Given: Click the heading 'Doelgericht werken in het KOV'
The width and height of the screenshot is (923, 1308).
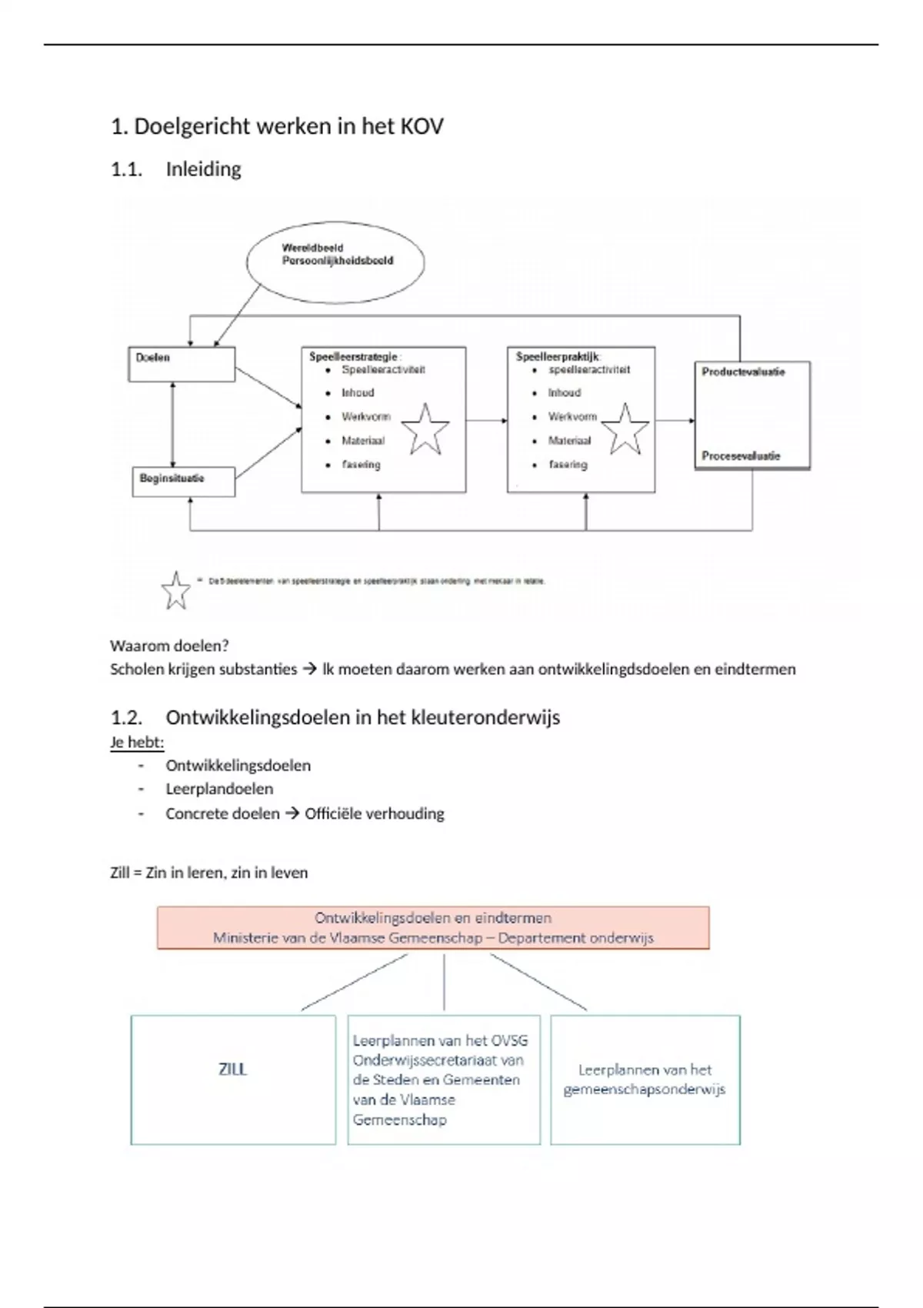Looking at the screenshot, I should (x=288, y=126).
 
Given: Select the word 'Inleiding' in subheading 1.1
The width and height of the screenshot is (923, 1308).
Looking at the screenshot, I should (x=203, y=169).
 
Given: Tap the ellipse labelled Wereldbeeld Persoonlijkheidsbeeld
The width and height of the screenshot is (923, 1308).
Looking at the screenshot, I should (x=336, y=261).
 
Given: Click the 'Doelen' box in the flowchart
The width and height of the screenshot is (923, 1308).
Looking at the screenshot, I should (x=181, y=363).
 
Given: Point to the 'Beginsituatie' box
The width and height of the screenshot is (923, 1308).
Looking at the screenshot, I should (x=183, y=481).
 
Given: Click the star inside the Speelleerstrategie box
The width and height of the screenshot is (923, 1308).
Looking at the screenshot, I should (x=425, y=429).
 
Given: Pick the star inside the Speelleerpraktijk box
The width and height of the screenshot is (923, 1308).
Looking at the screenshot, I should (x=624, y=429).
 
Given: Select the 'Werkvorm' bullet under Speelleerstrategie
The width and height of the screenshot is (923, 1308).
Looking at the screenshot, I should (x=366, y=417).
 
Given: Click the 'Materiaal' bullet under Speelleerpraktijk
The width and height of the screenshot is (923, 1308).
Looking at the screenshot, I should (x=569, y=441).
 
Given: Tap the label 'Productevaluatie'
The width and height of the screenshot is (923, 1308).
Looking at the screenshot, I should (x=743, y=372).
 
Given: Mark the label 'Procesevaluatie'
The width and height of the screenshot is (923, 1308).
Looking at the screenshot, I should (x=741, y=456).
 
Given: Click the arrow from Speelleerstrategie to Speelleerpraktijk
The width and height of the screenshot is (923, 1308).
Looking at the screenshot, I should (x=486, y=420).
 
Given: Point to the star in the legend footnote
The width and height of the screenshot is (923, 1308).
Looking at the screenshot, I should (x=176, y=591).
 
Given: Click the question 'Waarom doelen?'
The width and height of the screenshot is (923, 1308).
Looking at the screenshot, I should (x=169, y=646).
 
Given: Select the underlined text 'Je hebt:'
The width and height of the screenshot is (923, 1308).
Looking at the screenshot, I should (x=137, y=742).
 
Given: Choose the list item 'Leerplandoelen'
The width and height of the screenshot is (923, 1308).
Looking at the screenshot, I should (x=219, y=789).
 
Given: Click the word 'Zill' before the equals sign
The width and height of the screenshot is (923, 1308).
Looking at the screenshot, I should (x=120, y=873).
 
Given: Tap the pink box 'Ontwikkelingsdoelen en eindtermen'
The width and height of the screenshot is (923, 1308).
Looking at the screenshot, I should (x=433, y=927).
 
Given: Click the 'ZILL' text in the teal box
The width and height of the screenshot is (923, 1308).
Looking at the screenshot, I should (x=233, y=1069).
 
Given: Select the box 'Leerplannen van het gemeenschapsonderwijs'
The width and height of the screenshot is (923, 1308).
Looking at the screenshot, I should (x=645, y=1079).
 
